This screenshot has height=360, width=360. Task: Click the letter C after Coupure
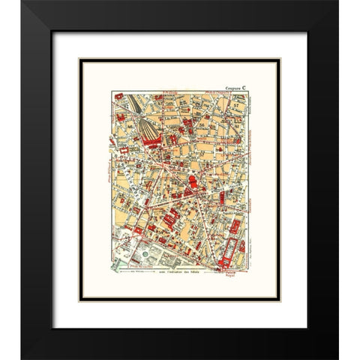(x=256, y=84)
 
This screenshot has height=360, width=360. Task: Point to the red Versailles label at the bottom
(x=142, y=265)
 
